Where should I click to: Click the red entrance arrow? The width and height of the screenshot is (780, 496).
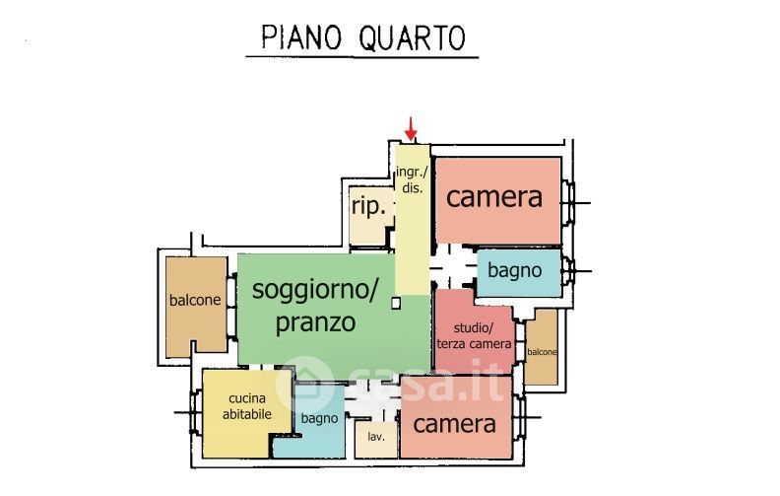pos(411,128)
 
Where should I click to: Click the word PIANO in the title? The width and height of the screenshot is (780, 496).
pos(301,37)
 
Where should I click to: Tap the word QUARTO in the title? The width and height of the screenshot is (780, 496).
pos(412,38)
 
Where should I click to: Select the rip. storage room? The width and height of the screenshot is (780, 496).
pos(370,216)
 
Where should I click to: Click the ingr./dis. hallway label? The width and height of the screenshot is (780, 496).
pos(412,179)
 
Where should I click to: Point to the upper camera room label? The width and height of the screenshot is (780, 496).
pos(494,197)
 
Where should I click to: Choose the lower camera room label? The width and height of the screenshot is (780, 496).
pos(454,424)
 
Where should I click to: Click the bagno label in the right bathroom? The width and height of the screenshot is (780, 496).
pos(514,271)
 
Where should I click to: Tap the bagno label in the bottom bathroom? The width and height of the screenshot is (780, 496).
pos(319,419)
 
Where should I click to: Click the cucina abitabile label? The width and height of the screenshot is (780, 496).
pos(247,406)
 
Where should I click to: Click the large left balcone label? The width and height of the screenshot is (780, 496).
pos(195,301)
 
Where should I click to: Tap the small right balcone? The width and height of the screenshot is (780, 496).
pos(542,347)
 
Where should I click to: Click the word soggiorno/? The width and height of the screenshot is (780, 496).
pos(315,289)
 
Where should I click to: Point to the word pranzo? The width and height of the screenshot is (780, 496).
pos(315,322)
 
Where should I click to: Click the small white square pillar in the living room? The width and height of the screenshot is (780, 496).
pos(396,303)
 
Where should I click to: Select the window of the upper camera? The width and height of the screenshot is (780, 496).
pos(568,203)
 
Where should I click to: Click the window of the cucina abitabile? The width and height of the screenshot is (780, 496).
pos(196,412)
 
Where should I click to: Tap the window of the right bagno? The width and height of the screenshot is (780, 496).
pos(568,271)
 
